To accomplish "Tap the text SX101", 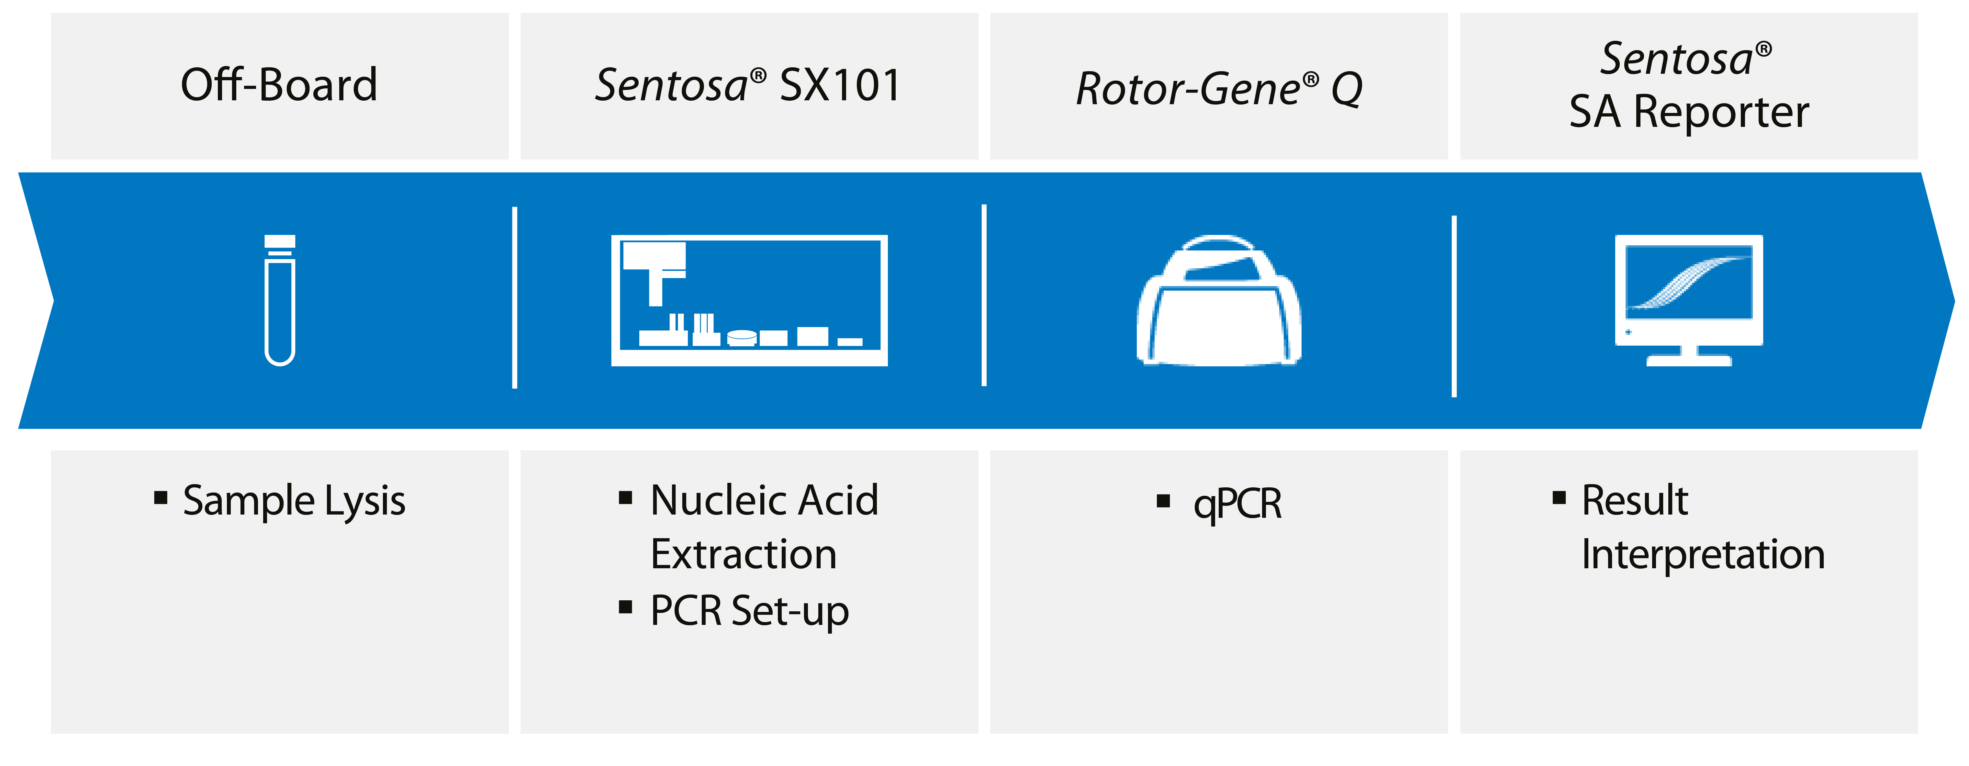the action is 840,85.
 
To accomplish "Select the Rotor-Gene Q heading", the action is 1219,89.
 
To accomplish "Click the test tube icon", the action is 280,300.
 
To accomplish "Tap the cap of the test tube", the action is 280,241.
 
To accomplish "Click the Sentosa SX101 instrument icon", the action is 749,300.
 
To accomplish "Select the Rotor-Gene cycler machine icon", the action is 1219,300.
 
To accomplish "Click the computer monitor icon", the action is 1689,300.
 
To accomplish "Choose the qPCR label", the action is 1237,505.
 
